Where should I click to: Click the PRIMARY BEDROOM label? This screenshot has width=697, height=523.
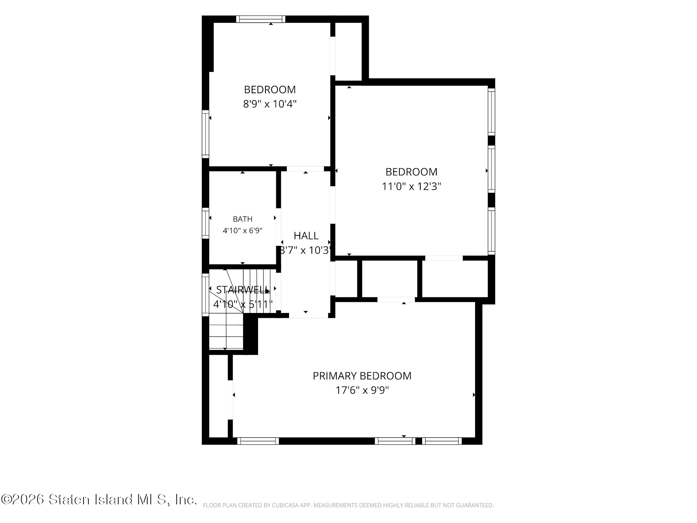[362, 376]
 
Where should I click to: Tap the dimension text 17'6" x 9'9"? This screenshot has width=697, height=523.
[362, 390]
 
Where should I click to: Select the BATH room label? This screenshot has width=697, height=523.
[243, 219]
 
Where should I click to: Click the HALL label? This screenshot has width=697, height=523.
[306, 236]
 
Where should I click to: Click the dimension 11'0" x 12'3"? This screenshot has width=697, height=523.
[411, 186]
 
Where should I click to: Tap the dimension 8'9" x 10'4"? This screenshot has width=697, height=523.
[270, 104]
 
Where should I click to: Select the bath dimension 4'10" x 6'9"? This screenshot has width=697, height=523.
[243, 231]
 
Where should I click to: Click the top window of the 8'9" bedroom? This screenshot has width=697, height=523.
[261, 19]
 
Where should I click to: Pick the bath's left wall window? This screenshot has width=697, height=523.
[205, 223]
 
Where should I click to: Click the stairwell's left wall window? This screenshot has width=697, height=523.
[205, 295]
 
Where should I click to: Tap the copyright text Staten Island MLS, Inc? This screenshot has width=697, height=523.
[99, 499]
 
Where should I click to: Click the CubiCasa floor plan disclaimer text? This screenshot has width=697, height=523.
[348, 505]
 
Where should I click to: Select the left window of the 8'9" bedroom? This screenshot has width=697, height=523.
[205, 134]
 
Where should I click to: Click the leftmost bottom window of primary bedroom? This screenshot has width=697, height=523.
[258, 441]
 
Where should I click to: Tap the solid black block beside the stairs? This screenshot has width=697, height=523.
[251, 334]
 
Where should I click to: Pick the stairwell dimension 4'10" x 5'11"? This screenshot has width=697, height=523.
[243, 304]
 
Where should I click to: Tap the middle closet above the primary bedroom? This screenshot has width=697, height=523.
[390, 279]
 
